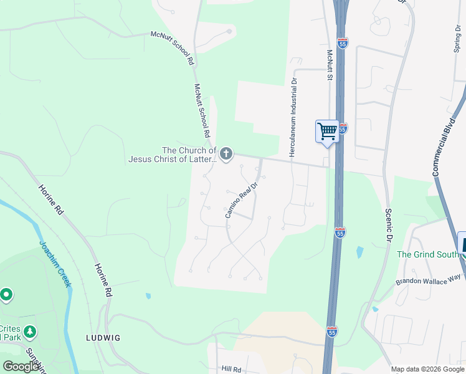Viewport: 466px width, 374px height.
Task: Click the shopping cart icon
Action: tap(327, 132)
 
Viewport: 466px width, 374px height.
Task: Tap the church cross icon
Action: tap(226, 153)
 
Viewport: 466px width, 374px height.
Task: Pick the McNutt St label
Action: tap(330, 66)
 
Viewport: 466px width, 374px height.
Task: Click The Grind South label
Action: tap(427, 254)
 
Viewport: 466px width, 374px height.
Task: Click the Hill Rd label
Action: tap(231, 369)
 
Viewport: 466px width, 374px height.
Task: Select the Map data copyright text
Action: tap(426, 369)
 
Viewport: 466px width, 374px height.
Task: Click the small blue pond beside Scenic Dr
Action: tap(360, 252)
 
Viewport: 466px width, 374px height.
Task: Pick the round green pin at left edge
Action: tap(6, 294)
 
